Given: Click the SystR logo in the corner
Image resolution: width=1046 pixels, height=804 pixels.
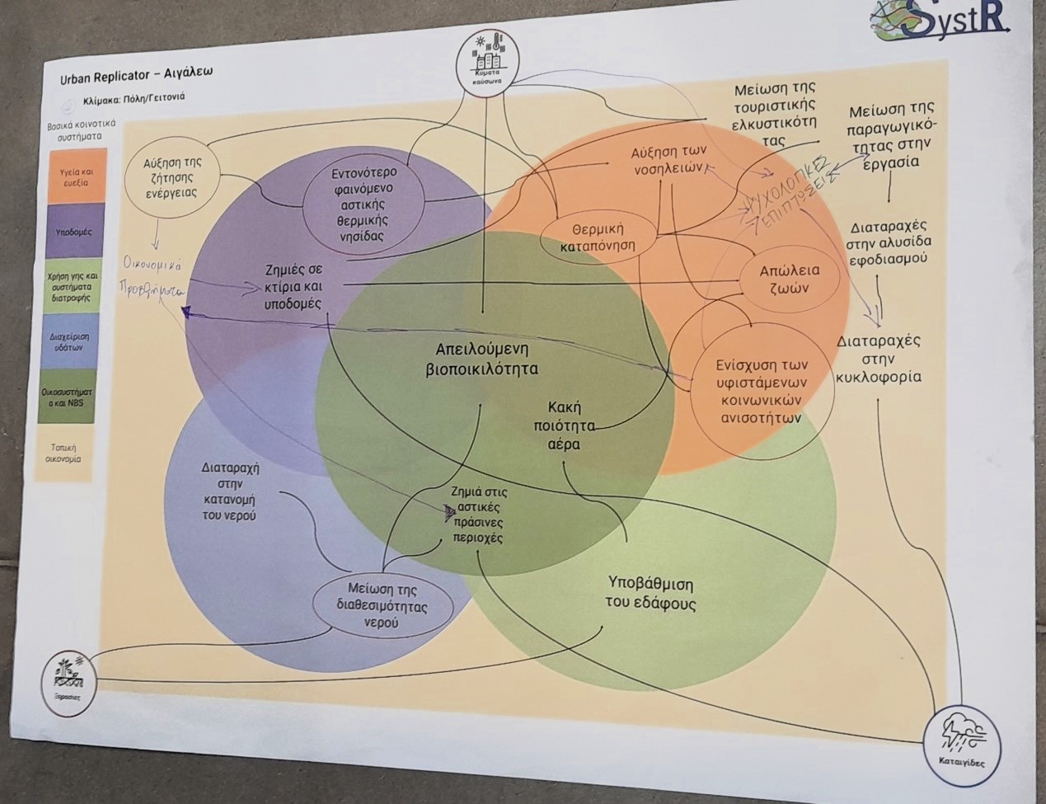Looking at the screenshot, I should pos(940,21).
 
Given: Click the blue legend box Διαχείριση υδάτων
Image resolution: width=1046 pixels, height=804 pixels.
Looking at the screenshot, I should pos(71,341).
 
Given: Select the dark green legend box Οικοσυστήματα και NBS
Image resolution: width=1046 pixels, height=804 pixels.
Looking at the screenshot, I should pos(68,397).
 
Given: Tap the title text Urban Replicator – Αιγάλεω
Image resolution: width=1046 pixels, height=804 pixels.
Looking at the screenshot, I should pos(137,74).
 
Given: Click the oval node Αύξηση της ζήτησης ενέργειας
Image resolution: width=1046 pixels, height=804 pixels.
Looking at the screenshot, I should pos(172,177).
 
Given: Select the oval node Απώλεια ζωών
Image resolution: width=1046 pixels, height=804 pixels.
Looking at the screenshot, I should pos(790,279).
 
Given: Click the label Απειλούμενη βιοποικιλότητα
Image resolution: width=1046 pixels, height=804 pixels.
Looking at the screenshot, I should pos(481,359).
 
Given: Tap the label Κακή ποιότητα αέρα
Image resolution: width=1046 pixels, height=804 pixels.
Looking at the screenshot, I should pos(565,426).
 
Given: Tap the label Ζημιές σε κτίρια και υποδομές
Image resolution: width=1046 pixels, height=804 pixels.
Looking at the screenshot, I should pos(293,286).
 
